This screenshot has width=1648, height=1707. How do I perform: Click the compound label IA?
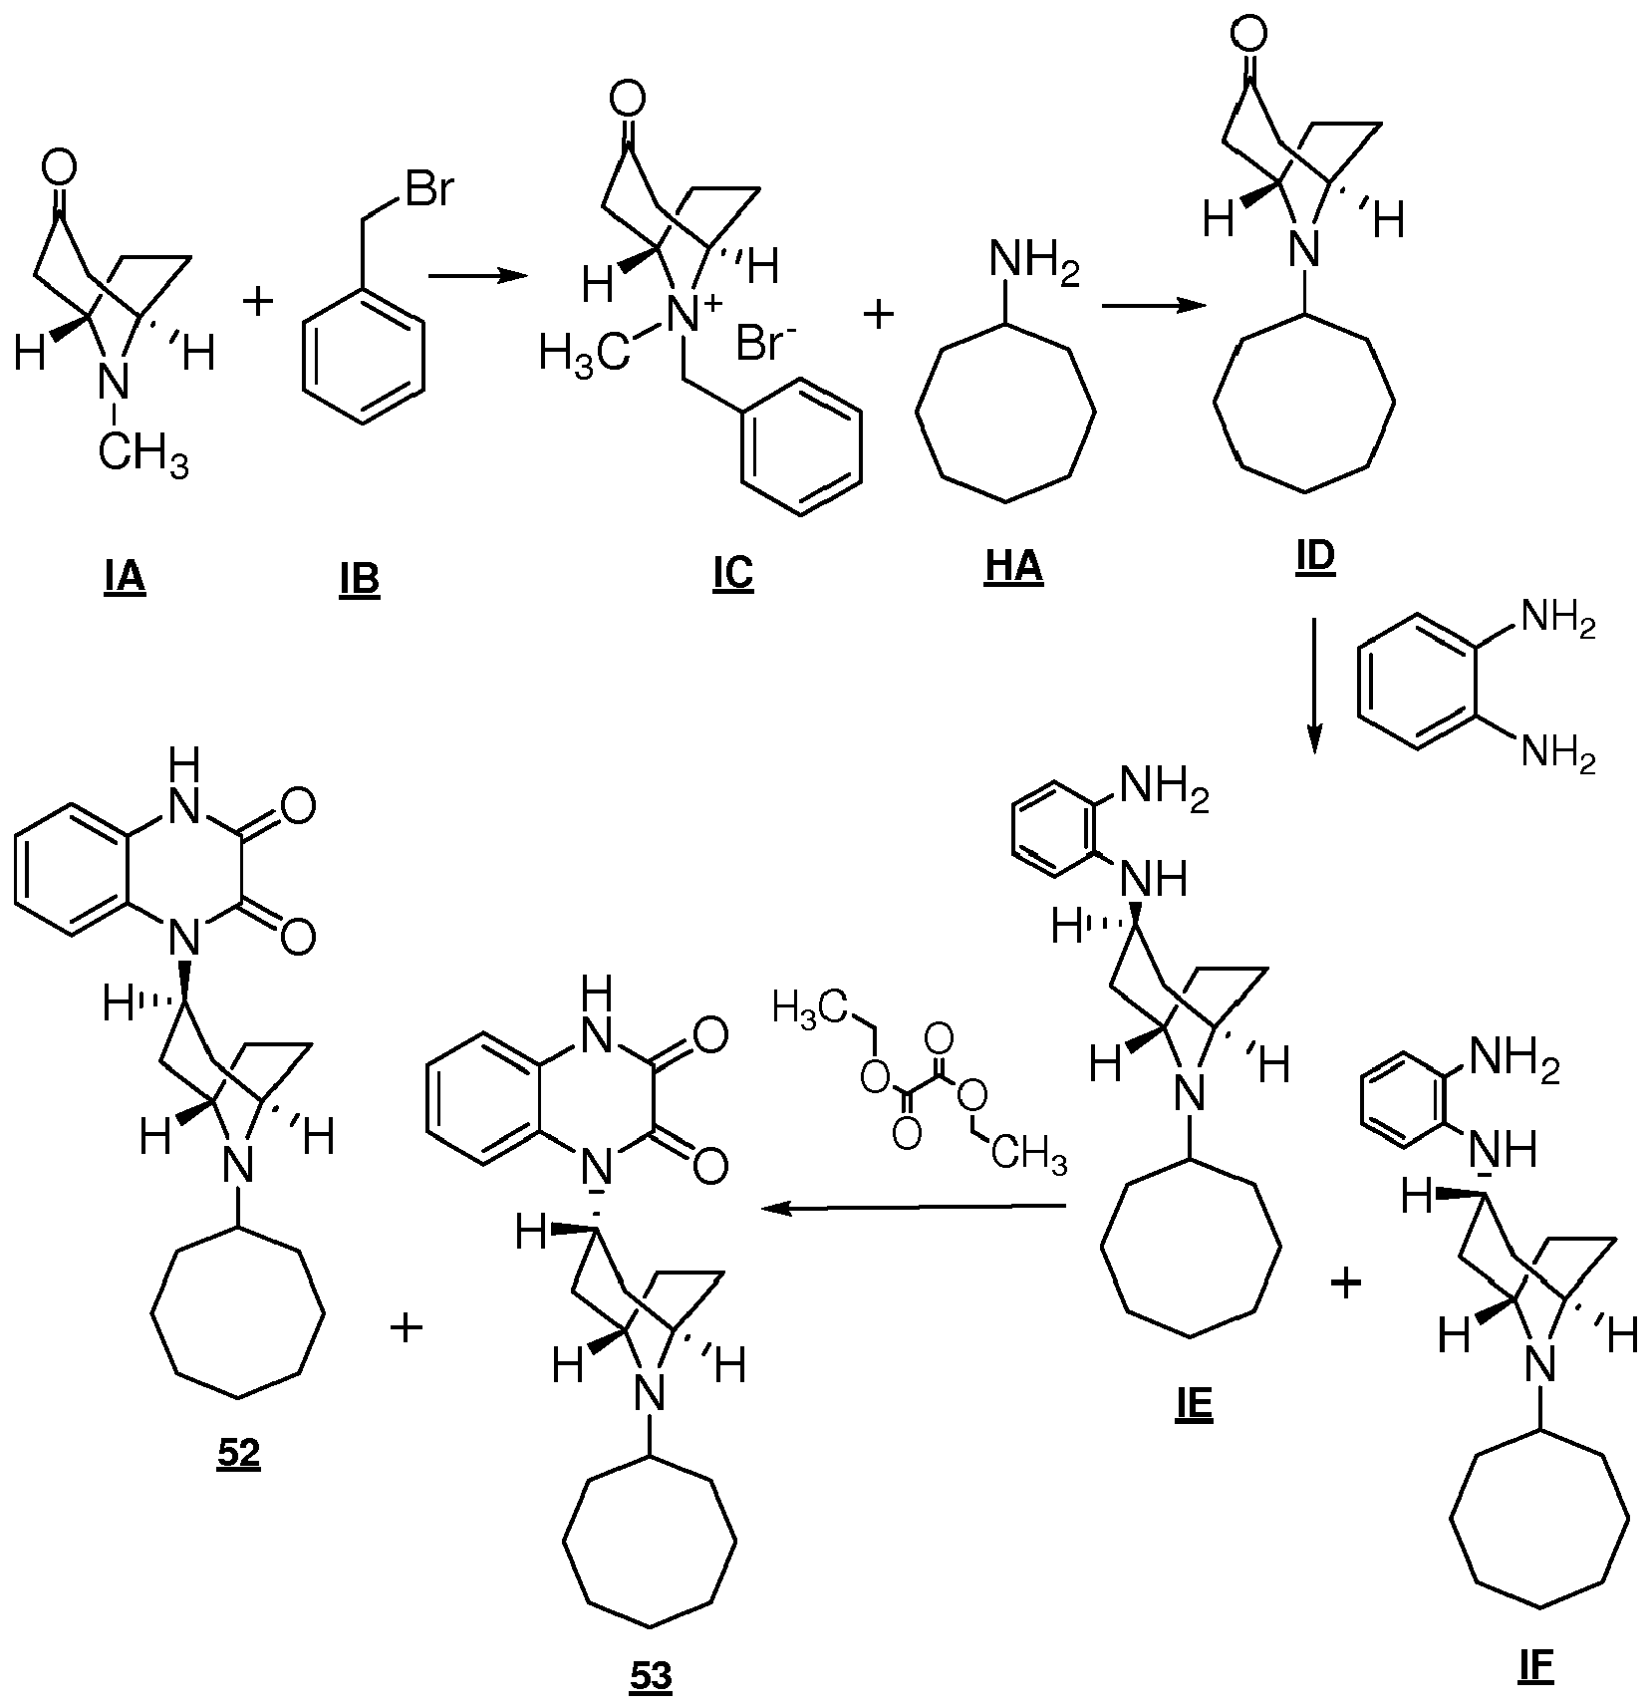point(125,579)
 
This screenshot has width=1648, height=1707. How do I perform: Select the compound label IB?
point(359,579)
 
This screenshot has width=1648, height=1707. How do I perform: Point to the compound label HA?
point(1013,568)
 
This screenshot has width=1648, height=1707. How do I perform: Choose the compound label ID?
point(1314,558)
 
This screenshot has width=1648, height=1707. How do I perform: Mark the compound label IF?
point(1535,1667)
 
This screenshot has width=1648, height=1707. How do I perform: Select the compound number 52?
point(237,1452)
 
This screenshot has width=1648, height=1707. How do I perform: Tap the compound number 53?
point(651,1676)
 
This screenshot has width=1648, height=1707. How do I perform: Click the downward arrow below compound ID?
point(1313,687)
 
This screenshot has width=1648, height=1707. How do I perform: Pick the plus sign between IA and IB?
point(258,300)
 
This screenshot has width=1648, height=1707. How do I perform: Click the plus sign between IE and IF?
point(1345,1284)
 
